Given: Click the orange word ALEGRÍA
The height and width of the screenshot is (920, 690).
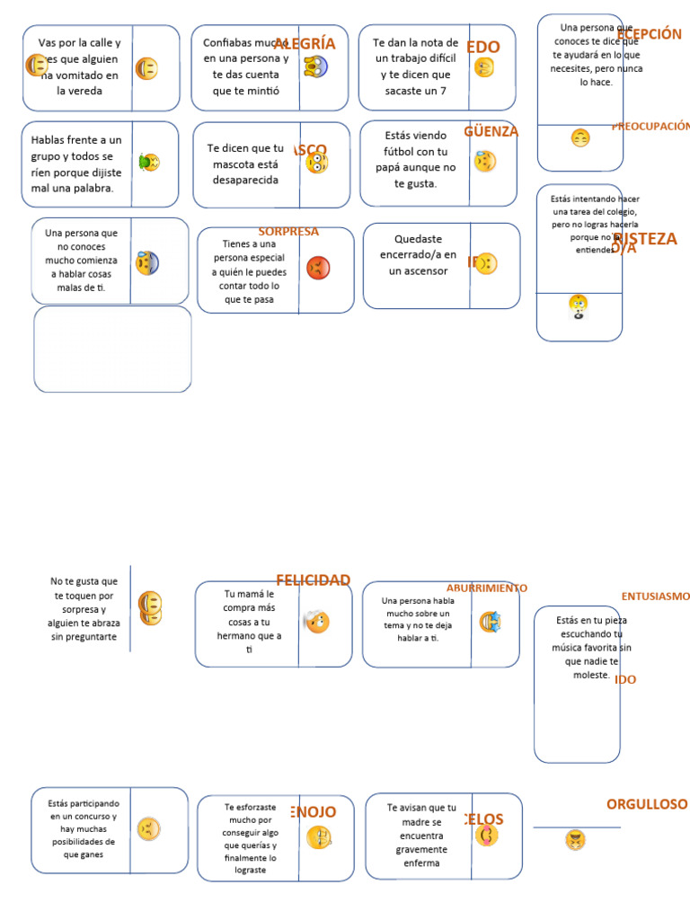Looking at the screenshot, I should (305, 44).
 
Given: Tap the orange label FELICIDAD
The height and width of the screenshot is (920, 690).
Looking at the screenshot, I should (313, 580).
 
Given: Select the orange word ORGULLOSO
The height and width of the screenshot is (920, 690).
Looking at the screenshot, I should (647, 804).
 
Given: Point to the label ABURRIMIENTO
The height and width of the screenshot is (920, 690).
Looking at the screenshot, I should (487, 588).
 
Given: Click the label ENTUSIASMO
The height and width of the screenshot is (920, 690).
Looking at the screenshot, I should (656, 597).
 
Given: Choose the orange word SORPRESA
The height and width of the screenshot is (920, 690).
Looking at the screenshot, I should (288, 232).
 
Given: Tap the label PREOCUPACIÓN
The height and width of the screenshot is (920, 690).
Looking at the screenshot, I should (650, 127).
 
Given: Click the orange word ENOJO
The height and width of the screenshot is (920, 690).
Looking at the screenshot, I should (314, 812).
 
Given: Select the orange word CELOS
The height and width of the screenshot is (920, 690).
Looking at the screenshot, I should (485, 819).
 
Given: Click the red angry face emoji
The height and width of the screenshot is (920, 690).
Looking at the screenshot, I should (318, 268).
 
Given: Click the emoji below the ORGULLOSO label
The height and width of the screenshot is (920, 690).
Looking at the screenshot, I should (575, 840).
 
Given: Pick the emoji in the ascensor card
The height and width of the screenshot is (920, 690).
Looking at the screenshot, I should (486, 264).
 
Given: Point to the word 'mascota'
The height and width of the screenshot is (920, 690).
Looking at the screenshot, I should (231, 164).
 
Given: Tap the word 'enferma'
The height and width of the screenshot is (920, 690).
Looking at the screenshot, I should (421, 863).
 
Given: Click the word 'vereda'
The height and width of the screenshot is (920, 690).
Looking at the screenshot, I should (79, 91).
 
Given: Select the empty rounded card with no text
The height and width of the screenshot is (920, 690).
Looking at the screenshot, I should (112, 349).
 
